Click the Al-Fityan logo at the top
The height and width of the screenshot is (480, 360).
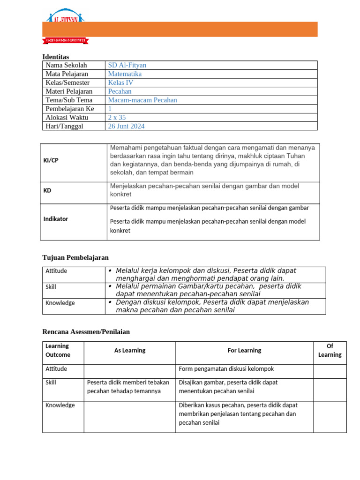pyautogui.click(x=65, y=17)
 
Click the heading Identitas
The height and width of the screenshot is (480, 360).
pyautogui.click(x=55, y=57)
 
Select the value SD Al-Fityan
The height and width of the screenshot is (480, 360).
pyautogui.click(x=127, y=65)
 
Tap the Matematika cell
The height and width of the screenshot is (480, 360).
pyautogui.click(x=125, y=74)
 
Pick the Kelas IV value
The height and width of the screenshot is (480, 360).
pyautogui.click(x=120, y=82)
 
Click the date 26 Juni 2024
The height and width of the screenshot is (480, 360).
pyautogui.click(x=126, y=126)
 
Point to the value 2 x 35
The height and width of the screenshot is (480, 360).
pyautogui.click(x=117, y=118)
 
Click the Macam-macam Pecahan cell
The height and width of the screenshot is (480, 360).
pyautogui.click(x=142, y=100)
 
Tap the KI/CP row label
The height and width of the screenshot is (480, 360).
pyautogui.click(x=51, y=160)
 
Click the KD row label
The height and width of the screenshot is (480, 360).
pyautogui.click(x=47, y=191)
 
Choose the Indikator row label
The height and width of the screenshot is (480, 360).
pyautogui.click(x=55, y=219)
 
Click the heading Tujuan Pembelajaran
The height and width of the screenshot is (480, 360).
pyautogui.click(x=75, y=257)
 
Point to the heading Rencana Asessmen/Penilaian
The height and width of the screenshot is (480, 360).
pyautogui.click(x=86, y=331)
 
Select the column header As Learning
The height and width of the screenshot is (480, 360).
pyautogui.click(x=130, y=350)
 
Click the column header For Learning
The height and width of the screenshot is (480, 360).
pyautogui.click(x=244, y=350)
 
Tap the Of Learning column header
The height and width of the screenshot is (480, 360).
pyautogui.click(x=330, y=350)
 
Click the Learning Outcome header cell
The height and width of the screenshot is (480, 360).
pyautogui.click(x=57, y=350)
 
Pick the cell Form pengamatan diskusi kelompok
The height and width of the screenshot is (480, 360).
pyautogui.click(x=226, y=369)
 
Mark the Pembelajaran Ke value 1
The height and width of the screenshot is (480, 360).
pyautogui.click(x=110, y=109)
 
